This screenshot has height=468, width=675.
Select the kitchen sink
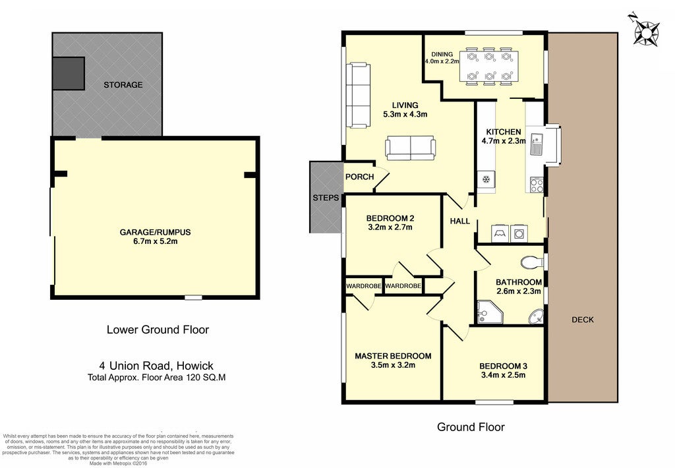pos(537,144)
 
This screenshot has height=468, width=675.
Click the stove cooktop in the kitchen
pos(537,185)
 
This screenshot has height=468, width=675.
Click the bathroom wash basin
pos(537,316)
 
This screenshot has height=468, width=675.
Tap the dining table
pos(489,67)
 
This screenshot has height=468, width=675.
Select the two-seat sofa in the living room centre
pos(410,148)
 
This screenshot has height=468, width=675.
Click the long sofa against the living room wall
pos(358,95)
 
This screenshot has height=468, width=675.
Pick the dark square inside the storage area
pos(68,74)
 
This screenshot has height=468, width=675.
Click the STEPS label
pos(326,198)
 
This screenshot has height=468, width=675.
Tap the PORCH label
pos(359,177)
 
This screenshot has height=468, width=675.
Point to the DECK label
pos(583,320)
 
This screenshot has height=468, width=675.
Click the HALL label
pos(459,221)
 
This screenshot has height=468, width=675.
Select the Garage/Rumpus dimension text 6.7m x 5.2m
pos(156,241)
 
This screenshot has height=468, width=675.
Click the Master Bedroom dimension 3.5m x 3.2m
pos(393,366)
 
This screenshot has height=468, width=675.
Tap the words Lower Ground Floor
pos(158,330)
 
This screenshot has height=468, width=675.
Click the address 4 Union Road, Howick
pos(156,366)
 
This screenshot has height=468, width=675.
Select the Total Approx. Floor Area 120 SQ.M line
pos(157,378)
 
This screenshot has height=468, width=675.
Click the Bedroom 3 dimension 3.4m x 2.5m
pos(503,375)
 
